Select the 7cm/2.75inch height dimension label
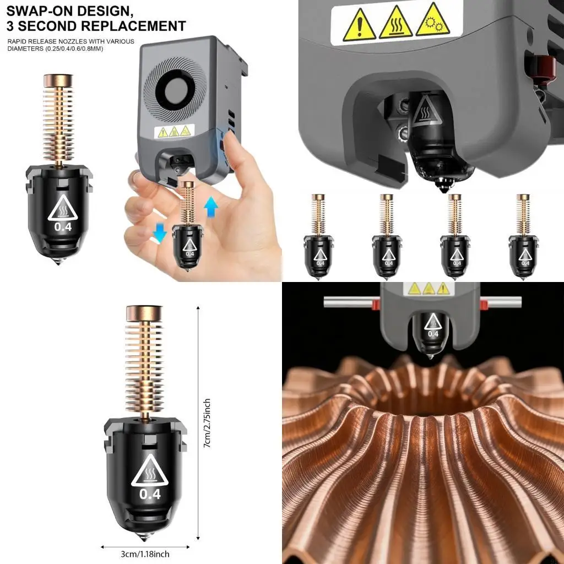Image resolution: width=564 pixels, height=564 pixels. click(207, 424)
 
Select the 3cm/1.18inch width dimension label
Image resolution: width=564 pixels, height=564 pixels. click(146, 555)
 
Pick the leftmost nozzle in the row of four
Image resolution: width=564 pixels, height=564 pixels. click(318, 237)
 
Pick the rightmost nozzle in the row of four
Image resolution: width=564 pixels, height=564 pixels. click(524, 237)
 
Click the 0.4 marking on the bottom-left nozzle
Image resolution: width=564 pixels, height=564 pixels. click(150, 494)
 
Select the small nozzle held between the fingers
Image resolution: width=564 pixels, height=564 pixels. click(189, 229)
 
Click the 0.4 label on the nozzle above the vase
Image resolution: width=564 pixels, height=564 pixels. click(433, 333)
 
